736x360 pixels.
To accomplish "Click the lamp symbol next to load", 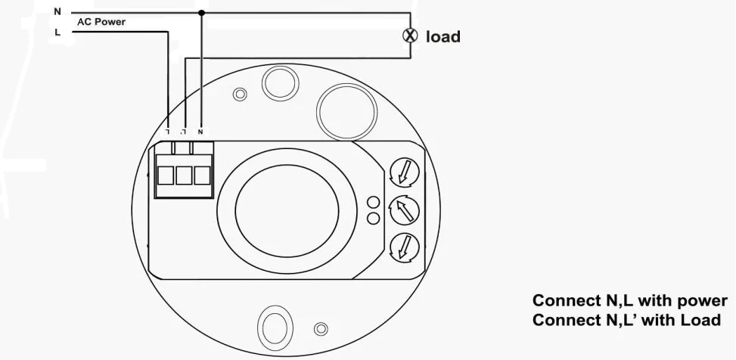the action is [x=410, y=36].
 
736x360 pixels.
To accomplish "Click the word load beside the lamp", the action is [x=443, y=36].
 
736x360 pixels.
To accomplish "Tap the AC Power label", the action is [x=101, y=22].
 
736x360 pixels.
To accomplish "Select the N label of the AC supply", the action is [x=57, y=12].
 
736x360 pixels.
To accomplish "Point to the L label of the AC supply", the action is [x=57, y=33].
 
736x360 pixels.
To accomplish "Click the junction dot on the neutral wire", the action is [x=201, y=12].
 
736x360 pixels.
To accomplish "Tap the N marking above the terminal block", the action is [x=200, y=132].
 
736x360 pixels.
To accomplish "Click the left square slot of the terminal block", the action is [x=166, y=175].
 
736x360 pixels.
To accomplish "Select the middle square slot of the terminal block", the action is [x=184, y=175].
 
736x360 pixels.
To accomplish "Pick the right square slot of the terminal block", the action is [x=202, y=175].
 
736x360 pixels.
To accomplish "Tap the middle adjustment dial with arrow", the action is [x=404, y=209].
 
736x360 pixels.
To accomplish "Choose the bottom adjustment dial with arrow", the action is [x=404, y=247].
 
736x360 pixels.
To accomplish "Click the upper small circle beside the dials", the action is [x=373, y=202].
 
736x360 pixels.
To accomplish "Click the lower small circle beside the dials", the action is [x=373, y=219].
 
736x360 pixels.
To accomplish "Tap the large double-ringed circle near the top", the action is [x=347, y=111].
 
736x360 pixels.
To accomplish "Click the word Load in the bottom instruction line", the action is [x=700, y=320].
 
